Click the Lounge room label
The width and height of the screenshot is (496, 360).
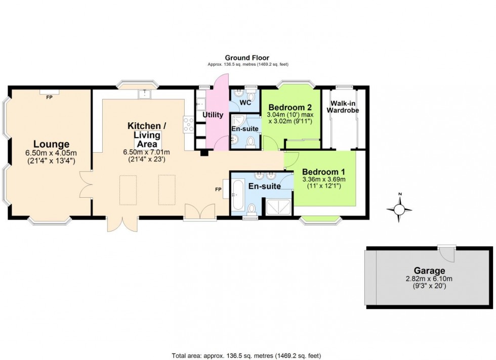[51, 144]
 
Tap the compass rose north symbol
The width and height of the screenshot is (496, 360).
[399, 208]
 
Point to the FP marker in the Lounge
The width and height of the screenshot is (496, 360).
[50, 97]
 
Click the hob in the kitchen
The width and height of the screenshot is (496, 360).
[188, 124]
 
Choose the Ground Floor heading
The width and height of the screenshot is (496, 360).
[247, 58]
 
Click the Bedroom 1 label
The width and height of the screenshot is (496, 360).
[323, 171]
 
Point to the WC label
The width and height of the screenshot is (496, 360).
[245, 103]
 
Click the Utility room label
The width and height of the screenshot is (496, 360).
[213, 115]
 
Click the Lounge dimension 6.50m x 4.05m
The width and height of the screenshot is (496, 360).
[51, 153]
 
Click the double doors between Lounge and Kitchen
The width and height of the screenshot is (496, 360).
[86, 184]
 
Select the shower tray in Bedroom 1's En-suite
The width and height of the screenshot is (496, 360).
[277, 206]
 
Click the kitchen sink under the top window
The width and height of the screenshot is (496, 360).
[145, 93]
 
